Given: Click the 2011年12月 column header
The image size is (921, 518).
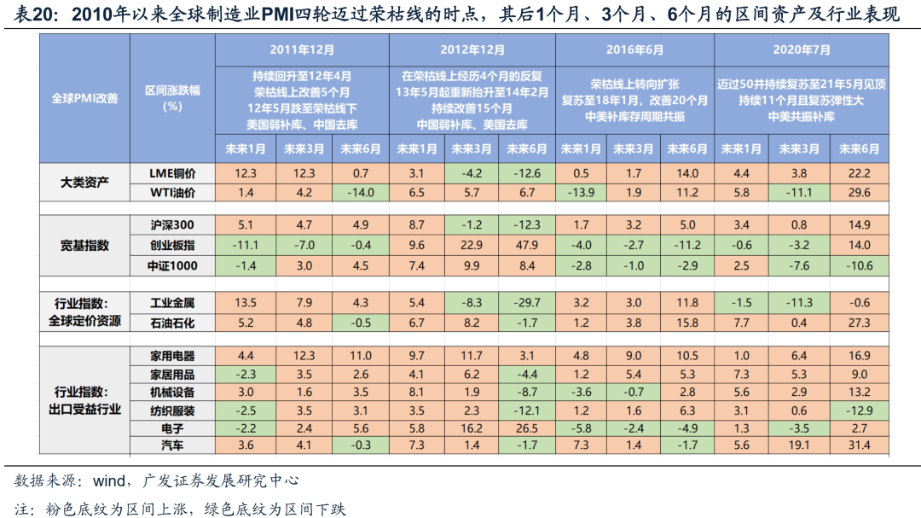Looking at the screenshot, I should (302, 49).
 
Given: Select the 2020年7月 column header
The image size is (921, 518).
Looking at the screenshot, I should (802, 49).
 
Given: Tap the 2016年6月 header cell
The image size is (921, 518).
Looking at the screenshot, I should (635, 49).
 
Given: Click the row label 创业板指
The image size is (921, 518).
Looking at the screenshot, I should (173, 246).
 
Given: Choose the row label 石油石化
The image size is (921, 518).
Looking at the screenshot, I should (173, 323).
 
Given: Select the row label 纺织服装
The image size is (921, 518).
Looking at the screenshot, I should (173, 410).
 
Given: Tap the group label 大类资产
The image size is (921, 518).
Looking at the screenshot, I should (85, 183).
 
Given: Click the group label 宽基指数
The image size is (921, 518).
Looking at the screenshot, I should (85, 246).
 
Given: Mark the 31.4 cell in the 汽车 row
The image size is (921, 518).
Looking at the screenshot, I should (859, 445).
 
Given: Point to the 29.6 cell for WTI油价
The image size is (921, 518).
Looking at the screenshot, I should (859, 193).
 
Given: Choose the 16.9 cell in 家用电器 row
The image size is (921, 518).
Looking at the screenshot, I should (859, 356).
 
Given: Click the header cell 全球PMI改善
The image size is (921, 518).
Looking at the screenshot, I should (85, 98).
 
